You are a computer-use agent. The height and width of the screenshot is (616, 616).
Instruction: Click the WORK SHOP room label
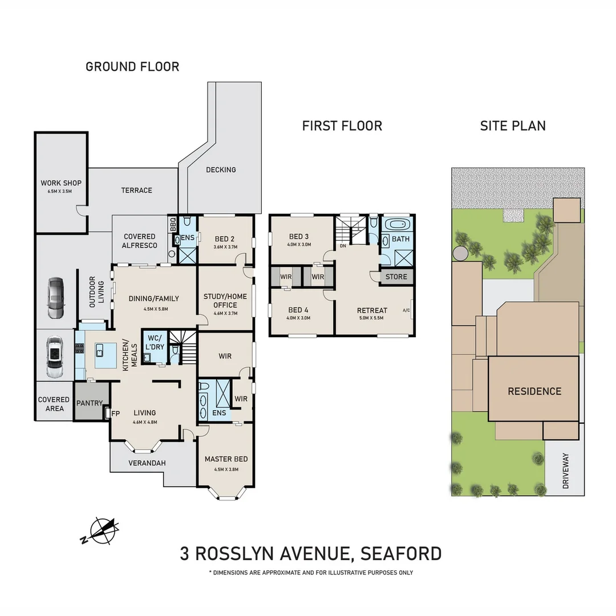61,183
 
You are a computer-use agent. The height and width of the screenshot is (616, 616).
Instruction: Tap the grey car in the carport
56,298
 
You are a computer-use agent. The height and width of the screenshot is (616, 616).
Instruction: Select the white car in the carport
55,358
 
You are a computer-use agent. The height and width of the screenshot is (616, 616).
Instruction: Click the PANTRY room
89,403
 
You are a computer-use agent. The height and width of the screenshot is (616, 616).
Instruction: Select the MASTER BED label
226,459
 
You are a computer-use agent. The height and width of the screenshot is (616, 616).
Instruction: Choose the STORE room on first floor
396,277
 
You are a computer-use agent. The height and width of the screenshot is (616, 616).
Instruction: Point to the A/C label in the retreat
407,310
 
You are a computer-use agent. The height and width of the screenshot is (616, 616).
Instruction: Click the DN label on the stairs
343,246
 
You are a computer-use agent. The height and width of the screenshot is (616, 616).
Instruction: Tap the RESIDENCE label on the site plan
534,391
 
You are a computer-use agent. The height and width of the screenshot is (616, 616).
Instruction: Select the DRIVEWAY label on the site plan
566,471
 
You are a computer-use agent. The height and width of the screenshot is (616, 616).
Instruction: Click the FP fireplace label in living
116,414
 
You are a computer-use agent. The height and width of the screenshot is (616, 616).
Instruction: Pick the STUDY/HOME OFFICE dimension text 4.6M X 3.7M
225,313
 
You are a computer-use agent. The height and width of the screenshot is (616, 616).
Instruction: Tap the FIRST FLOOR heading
342,125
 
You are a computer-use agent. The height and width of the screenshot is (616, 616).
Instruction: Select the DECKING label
221,169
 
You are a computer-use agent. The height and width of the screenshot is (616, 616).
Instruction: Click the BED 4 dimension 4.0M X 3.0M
299,318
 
